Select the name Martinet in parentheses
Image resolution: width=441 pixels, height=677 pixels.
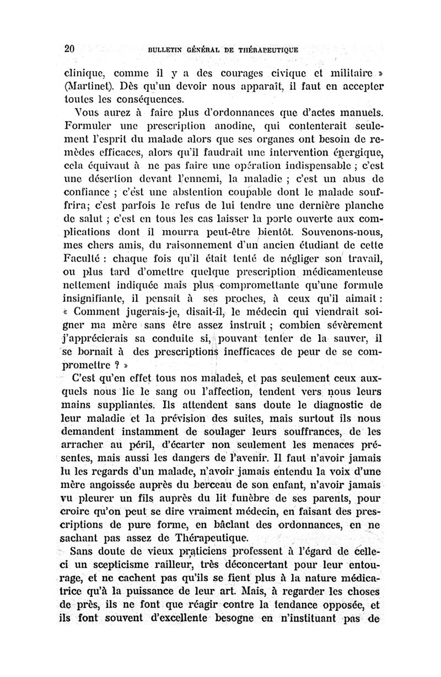[86, 88]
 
